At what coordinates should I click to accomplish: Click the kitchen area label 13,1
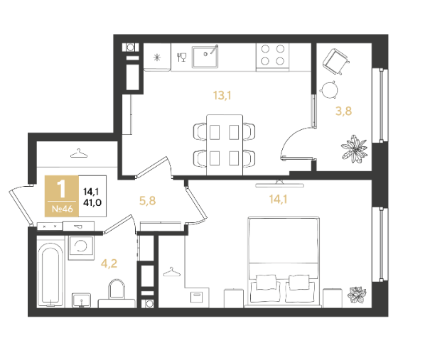222,95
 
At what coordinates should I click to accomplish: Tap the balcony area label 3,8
343,111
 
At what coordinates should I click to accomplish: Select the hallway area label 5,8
148,201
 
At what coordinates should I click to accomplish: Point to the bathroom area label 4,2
109,263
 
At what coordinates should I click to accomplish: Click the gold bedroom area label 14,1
278,200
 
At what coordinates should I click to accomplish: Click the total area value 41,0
92,203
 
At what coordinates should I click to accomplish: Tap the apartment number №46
63,209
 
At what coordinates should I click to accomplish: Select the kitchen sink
205,56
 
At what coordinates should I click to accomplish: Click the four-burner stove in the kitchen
272,56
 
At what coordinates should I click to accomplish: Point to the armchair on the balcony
335,61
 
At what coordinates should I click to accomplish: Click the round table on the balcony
329,89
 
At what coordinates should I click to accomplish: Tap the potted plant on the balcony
354,149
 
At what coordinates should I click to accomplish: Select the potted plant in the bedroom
357,295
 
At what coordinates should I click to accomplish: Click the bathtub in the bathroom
50,275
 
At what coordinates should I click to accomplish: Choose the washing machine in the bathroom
81,248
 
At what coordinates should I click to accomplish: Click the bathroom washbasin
82,300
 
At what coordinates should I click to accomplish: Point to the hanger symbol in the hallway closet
79,153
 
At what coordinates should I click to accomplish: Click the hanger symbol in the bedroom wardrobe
172,272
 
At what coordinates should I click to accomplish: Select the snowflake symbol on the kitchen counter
157,58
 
